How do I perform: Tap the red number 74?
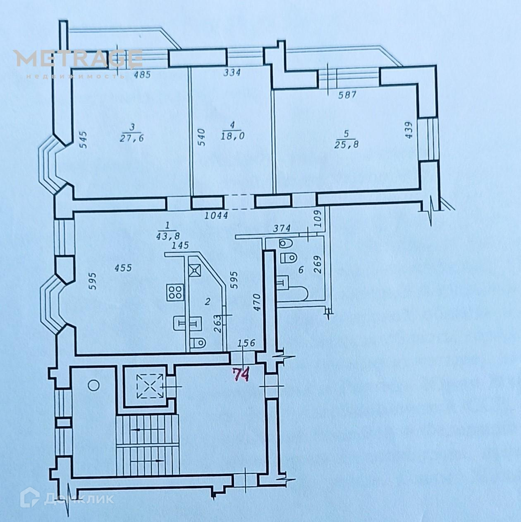241,374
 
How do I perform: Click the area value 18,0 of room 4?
232,136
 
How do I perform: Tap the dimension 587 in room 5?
347,95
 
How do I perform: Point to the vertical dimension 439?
408,130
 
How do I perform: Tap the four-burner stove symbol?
174,292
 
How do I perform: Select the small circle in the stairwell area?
94,385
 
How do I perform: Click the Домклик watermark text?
79,499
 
